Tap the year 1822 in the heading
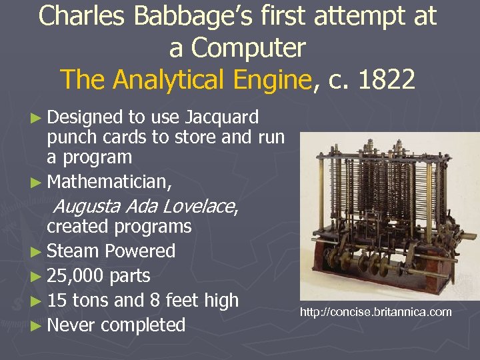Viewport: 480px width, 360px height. point(386,79)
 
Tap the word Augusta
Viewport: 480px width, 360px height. point(80,205)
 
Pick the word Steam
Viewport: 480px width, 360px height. point(73,251)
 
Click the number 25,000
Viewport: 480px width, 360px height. point(75,276)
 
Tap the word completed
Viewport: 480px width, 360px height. point(143,325)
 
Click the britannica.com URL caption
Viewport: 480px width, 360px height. point(375,312)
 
